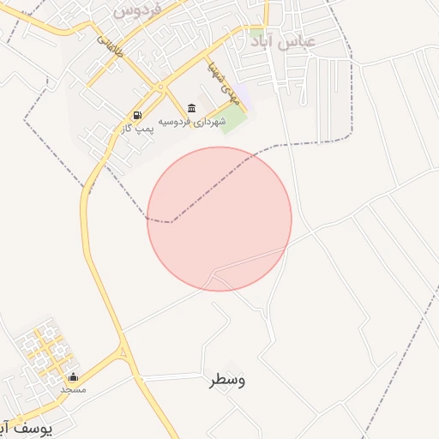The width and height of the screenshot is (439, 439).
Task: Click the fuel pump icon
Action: pos(136,115)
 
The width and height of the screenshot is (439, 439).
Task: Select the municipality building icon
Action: pos(190,108)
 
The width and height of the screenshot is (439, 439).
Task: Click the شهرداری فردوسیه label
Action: pos(198,122)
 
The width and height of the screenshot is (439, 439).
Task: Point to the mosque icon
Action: pos(73,376)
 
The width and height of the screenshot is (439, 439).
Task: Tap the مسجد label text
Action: pos(73,389)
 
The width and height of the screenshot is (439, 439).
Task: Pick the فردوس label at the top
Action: pos(138,10)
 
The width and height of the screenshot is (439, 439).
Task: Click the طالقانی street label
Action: pos(110,46)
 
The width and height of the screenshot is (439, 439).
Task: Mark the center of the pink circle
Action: pos(219,219)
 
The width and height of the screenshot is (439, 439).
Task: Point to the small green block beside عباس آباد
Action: pos(258,38)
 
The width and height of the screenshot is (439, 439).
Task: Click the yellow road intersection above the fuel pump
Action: pos(159,87)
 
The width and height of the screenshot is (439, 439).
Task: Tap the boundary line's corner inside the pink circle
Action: pos(171,221)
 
